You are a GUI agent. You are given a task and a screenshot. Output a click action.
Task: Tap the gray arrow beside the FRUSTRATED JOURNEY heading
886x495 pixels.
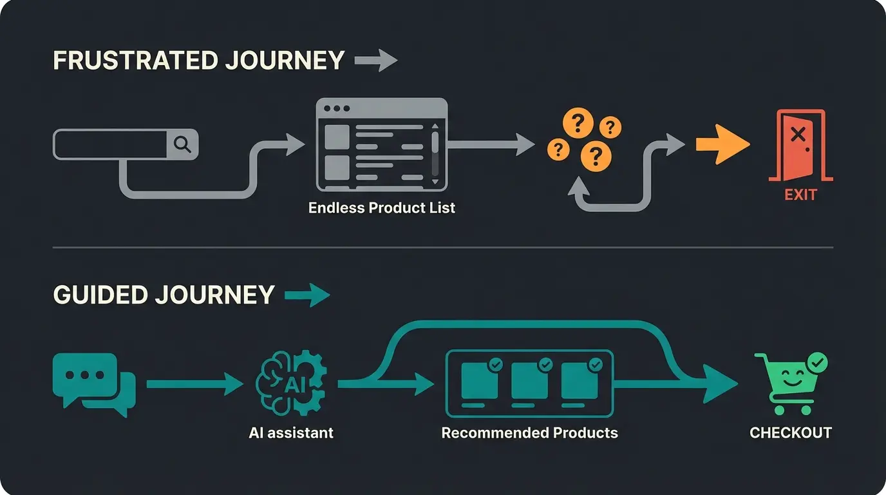point(376,61)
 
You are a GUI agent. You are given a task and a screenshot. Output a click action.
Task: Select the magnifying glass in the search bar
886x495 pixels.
point(183,144)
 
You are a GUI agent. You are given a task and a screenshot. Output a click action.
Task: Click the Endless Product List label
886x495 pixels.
point(382,208)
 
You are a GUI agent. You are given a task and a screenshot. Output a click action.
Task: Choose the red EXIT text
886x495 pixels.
point(800,194)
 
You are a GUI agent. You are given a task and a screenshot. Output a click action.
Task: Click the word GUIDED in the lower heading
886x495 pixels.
point(99,295)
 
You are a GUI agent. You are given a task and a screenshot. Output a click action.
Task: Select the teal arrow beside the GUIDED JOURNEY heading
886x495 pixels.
point(307,295)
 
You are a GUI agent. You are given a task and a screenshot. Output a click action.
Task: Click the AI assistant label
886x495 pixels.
point(291,432)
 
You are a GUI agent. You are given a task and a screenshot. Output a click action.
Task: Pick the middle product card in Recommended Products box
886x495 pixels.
point(529,382)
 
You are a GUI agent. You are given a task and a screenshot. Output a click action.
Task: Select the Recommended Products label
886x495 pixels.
point(529,432)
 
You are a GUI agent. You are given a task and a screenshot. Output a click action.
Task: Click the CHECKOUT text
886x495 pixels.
point(791,432)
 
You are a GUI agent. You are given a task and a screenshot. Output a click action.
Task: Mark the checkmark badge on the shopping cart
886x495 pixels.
point(817,364)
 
